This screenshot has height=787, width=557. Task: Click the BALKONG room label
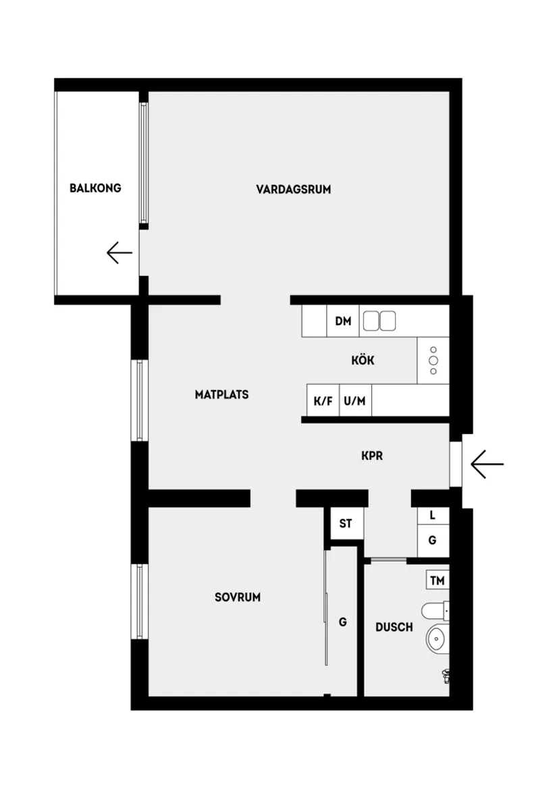click(x=95, y=188)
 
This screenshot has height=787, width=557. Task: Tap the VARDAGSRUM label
click(x=293, y=189)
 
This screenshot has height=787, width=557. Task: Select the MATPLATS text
click(x=221, y=394)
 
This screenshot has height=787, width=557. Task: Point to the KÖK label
click(x=363, y=360)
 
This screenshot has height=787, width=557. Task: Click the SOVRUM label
click(x=237, y=597)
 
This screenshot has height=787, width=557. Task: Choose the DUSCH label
click(x=394, y=627)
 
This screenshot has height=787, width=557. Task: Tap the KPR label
click(x=371, y=456)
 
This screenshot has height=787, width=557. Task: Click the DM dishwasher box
click(x=343, y=322)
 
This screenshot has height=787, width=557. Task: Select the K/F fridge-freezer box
click(x=323, y=401)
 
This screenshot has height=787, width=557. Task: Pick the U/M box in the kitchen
click(x=354, y=401)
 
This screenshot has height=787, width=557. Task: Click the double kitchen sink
click(x=378, y=321)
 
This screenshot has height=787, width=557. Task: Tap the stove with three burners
click(x=433, y=360)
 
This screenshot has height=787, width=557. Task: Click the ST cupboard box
click(x=346, y=523)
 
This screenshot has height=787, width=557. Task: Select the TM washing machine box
click(x=437, y=580)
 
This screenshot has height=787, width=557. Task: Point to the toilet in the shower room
click(x=435, y=612)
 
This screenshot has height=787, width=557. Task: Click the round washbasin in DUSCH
click(x=437, y=638)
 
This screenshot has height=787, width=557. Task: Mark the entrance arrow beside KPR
click(x=487, y=464)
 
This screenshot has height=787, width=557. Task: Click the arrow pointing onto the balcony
click(x=119, y=252)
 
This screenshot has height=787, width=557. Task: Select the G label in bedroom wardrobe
click(x=342, y=622)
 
